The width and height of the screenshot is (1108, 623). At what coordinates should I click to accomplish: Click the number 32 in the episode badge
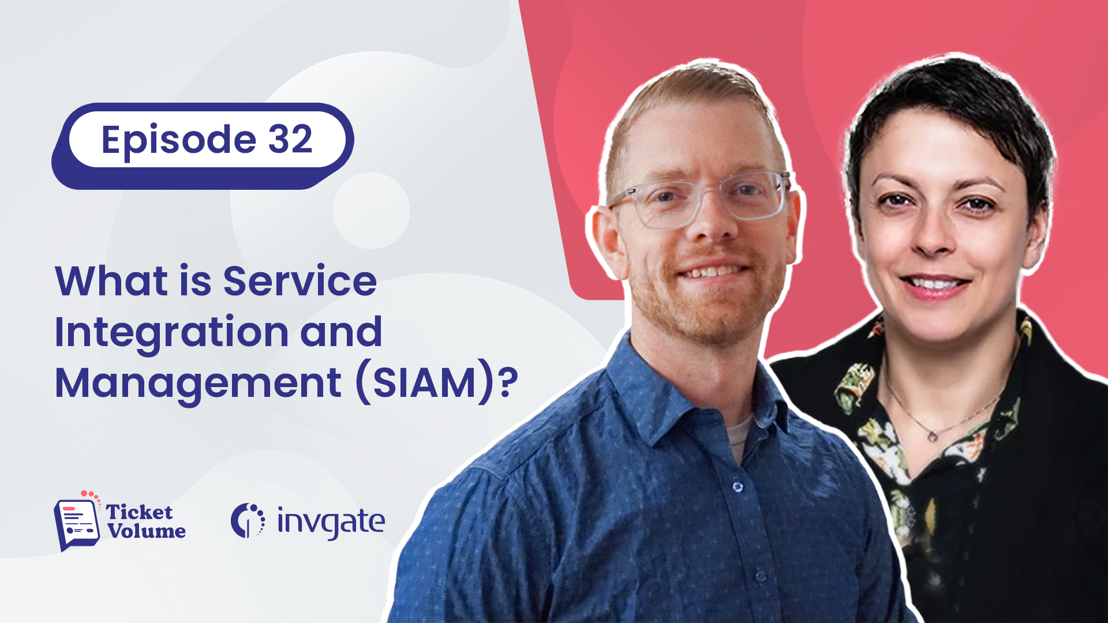pos(290,139)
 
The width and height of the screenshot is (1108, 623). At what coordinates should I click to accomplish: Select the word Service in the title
pos(300,281)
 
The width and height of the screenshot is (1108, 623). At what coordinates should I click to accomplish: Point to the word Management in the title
pos(199,383)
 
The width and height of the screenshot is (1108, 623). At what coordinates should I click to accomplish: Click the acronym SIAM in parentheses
pos(425,383)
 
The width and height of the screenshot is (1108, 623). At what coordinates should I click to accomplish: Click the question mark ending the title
pos(508,382)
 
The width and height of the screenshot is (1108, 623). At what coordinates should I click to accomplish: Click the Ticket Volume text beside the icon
pos(146,521)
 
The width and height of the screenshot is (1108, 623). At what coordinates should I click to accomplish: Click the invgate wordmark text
pos(331,523)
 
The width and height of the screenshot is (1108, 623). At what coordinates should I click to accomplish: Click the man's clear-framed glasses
pos(702,199)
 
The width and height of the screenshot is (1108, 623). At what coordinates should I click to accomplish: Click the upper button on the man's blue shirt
pos(738,487)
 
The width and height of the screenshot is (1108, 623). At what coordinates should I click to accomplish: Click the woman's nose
pos(933,237)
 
